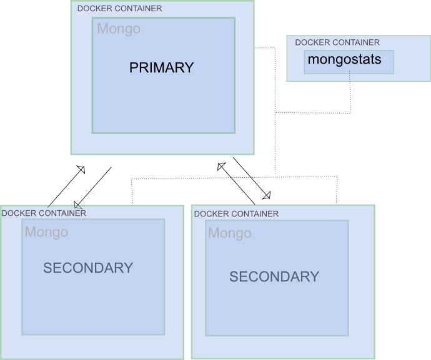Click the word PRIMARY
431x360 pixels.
click(x=161, y=68)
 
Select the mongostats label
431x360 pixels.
click(x=343, y=61)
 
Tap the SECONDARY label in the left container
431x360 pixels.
click(x=88, y=268)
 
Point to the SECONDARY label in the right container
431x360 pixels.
click(x=274, y=277)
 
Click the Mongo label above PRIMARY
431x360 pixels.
click(x=119, y=29)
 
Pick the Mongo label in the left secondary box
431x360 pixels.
click(x=46, y=233)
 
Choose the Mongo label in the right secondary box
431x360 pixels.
click(x=230, y=233)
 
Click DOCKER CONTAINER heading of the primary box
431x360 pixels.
click(x=119, y=9)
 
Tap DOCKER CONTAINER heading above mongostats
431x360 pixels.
click(x=337, y=42)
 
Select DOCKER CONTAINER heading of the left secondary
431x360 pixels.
click(x=44, y=213)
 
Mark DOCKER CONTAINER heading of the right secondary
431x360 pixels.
click(x=236, y=214)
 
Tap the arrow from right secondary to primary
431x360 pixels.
click(x=237, y=184)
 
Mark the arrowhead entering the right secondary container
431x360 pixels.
click(x=266, y=195)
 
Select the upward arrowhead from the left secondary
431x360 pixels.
click(x=81, y=169)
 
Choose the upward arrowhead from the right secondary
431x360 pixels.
click(x=221, y=166)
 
